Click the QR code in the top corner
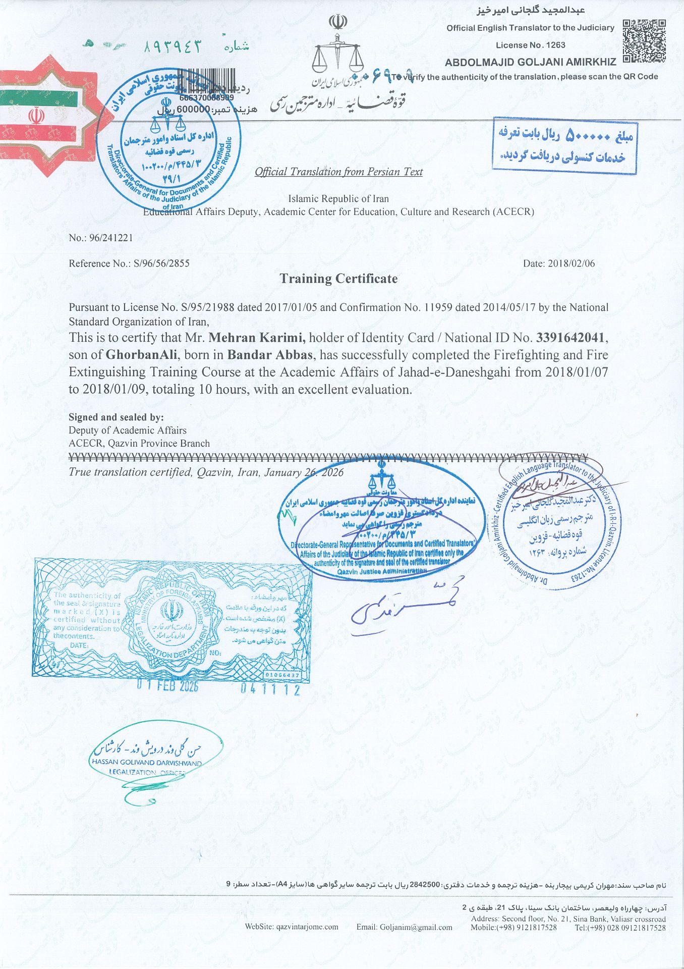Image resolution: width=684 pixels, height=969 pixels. coord(644,41)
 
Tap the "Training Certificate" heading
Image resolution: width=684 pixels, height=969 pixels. coord(338,279)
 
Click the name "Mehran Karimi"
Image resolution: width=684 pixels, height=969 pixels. coord(257,338)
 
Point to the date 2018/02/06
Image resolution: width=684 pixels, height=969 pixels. coord(572,263)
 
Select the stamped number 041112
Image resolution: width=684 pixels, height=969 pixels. coord(270,689)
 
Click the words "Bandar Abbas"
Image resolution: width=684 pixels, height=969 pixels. coord(270,355)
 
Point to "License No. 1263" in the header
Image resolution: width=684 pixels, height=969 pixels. coord(530,45)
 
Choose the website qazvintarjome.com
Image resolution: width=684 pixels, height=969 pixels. coord(292,927)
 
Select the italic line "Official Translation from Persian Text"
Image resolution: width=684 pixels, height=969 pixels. coord(338,172)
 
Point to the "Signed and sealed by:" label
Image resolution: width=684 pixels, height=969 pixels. coord(116,417)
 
